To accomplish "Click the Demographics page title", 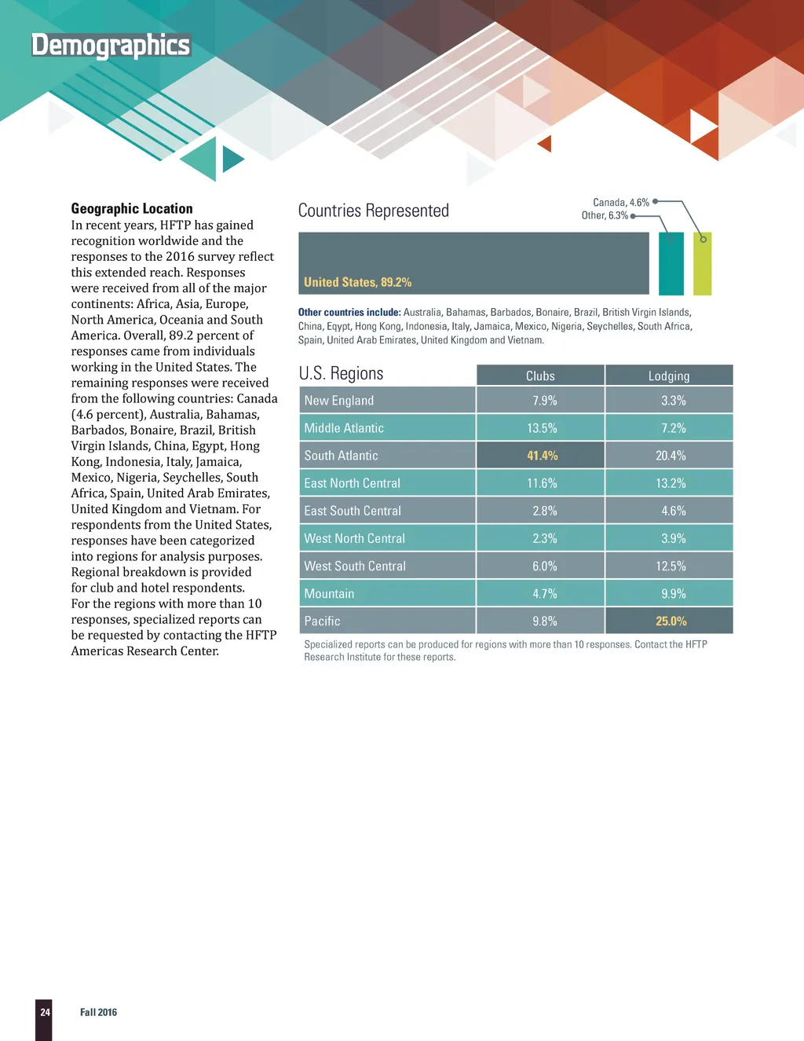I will pyautogui.click(x=111, y=46).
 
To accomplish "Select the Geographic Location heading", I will pyautogui.click(x=132, y=208).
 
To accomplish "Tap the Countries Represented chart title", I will pyautogui.click(x=374, y=211).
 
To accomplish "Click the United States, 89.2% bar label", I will pyautogui.click(x=357, y=282).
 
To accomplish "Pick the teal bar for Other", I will pyautogui.click(x=671, y=263).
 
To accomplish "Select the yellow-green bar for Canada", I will pyautogui.click(x=702, y=263).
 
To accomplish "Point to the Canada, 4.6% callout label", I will pyautogui.click(x=620, y=202).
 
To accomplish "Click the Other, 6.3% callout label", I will pyautogui.click(x=604, y=215).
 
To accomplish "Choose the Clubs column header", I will pyautogui.click(x=540, y=376).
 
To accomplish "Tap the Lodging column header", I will pyautogui.click(x=669, y=376).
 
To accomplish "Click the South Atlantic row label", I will pyautogui.click(x=341, y=456).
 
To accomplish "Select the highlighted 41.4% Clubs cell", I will pyautogui.click(x=542, y=456).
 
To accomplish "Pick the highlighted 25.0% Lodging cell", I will pyautogui.click(x=671, y=621).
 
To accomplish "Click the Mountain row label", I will pyautogui.click(x=329, y=594).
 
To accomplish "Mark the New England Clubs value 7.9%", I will pyautogui.click(x=544, y=401).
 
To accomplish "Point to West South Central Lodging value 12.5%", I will pyautogui.click(x=671, y=566).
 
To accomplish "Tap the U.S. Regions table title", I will pyautogui.click(x=341, y=373).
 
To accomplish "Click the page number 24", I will pyautogui.click(x=45, y=1012).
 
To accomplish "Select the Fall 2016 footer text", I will pyautogui.click(x=98, y=1012).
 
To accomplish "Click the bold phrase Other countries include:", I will pyautogui.click(x=349, y=312).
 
